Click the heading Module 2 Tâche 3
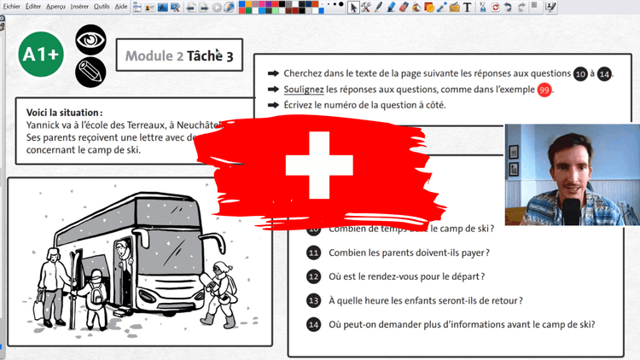[x=178, y=57]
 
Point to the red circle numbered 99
[x=544, y=90]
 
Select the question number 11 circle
[x=313, y=253]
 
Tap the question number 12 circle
[x=313, y=276]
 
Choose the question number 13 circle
[x=313, y=300]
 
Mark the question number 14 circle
[x=313, y=324]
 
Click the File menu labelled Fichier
[x=11, y=6]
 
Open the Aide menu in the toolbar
[x=121, y=6]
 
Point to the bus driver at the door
[x=122, y=256]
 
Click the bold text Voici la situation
[x=64, y=113]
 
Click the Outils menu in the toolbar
[x=102, y=6]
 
